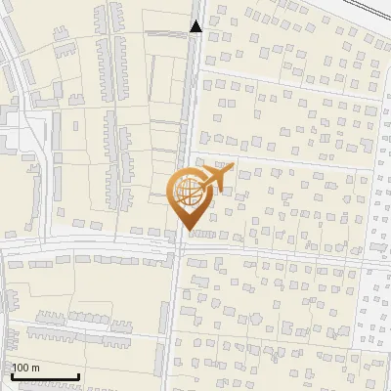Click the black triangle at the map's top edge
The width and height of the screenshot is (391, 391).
pyautogui.click(x=196, y=26)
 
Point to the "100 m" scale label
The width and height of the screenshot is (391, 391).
pyautogui.click(x=25, y=368)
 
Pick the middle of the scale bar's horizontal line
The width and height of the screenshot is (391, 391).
pyautogui.click(x=44, y=376)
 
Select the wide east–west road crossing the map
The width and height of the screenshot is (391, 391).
pyautogui.click(x=98, y=246)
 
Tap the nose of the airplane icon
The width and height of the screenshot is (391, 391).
pyautogui.click(x=233, y=168)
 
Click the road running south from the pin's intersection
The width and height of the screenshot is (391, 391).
pyautogui.click(x=174, y=323)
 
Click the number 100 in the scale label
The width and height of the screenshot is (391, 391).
pyautogui.click(x=20, y=368)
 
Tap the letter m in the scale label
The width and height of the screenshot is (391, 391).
pyautogui.click(x=35, y=368)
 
